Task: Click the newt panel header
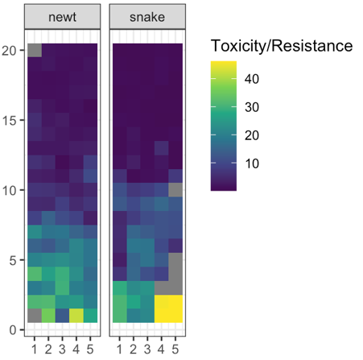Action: click(64, 18)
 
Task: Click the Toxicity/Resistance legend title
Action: click(280, 47)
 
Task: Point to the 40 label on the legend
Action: click(251, 79)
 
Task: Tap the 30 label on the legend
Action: click(251, 107)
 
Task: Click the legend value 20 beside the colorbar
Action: click(251, 136)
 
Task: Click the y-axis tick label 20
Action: click(11, 50)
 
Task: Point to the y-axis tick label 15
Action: click(11, 120)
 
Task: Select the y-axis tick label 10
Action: click(11, 190)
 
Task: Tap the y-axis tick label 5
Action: click(15, 260)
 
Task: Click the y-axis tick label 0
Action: click(15, 329)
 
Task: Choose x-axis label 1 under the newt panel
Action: click(35, 348)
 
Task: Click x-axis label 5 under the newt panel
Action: click(91, 348)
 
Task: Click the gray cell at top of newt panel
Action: click(35, 50)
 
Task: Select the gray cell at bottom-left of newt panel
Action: click(35, 316)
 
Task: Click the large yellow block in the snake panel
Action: click(168, 308)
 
